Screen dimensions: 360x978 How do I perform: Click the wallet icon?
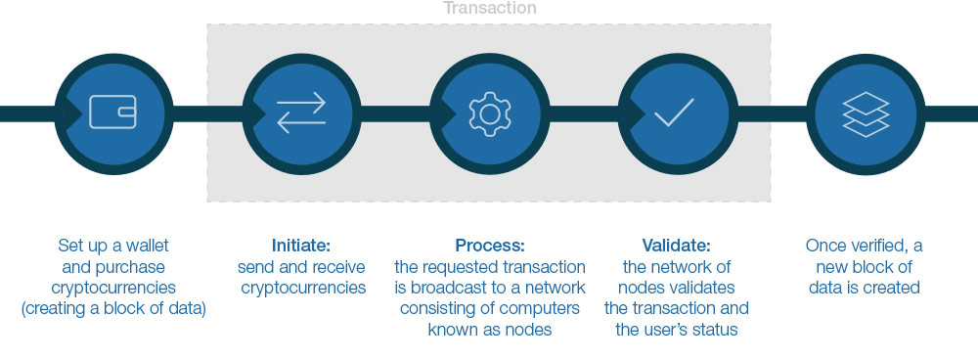(x=112, y=112)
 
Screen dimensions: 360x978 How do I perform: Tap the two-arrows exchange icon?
(x=300, y=112)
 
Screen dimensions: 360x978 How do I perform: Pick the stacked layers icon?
(x=865, y=113)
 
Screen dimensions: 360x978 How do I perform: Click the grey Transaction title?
(x=489, y=9)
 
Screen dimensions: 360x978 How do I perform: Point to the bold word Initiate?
(x=300, y=245)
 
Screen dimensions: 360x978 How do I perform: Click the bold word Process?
(x=489, y=245)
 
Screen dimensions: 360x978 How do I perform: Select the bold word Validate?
(x=675, y=245)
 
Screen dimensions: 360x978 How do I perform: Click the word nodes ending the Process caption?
(x=530, y=331)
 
